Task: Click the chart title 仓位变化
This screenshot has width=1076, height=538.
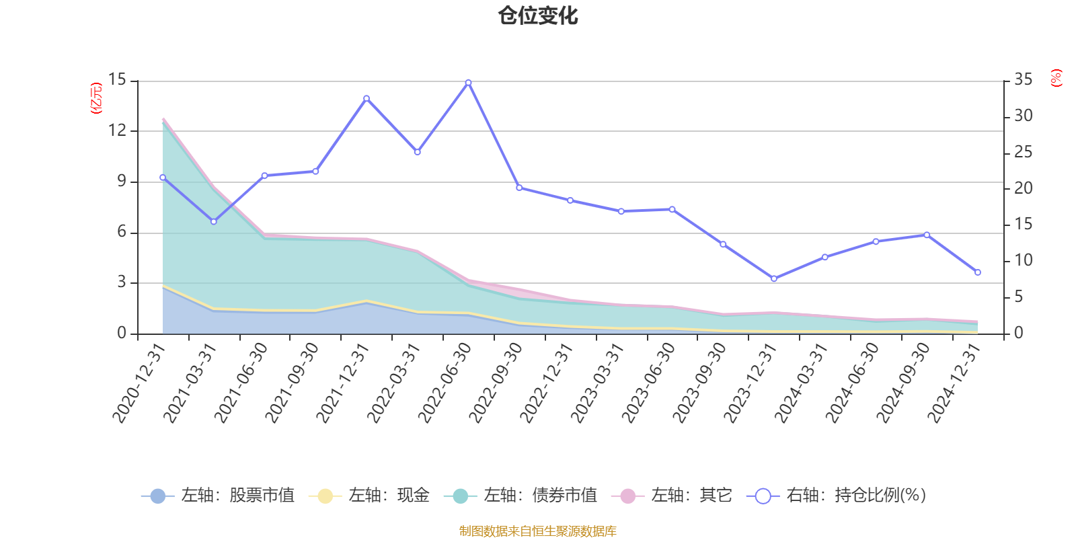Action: pos(538,15)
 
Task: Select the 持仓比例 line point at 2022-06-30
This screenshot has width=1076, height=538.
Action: pos(469,83)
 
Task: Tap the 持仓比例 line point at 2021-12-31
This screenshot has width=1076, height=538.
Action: pos(367,98)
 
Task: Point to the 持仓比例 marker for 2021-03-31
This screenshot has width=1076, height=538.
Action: pos(214,221)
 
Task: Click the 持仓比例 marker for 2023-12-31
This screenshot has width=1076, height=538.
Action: pos(774,278)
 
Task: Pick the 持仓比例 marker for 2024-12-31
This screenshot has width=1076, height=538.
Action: pos(978,272)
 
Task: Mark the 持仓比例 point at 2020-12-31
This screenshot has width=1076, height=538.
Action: pos(163,178)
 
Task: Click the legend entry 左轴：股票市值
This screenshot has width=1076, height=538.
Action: pos(218,496)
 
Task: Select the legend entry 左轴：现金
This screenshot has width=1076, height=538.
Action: pos(369,496)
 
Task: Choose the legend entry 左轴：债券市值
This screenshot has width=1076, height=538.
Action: pos(521,496)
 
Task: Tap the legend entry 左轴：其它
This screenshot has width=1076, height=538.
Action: pos(672,496)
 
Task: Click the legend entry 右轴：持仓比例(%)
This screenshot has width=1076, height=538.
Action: pos(837,496)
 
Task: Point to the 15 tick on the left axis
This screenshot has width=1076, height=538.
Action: pos(118,80)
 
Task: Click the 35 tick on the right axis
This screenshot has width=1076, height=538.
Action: pos(1023,80)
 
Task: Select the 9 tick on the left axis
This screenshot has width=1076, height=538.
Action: pos(122,181)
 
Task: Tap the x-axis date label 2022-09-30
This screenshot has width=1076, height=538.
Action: pos(496,382)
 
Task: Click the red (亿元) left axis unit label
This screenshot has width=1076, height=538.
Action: pos(96,98)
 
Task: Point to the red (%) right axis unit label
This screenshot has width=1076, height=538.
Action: pos(1056,78)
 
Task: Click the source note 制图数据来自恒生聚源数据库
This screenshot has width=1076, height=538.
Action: pos(538,531)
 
